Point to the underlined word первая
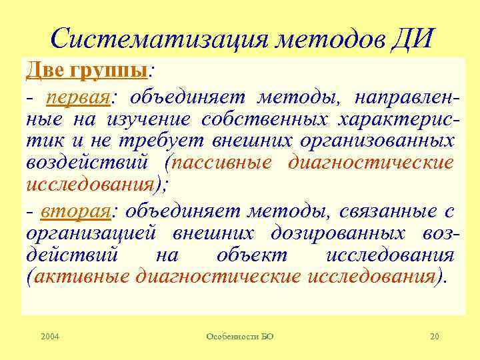tap(78, 98)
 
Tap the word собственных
tap(267, 121)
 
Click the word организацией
tap(92, 234)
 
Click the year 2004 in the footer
tap(49, 337)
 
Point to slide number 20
tap(435, 337)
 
